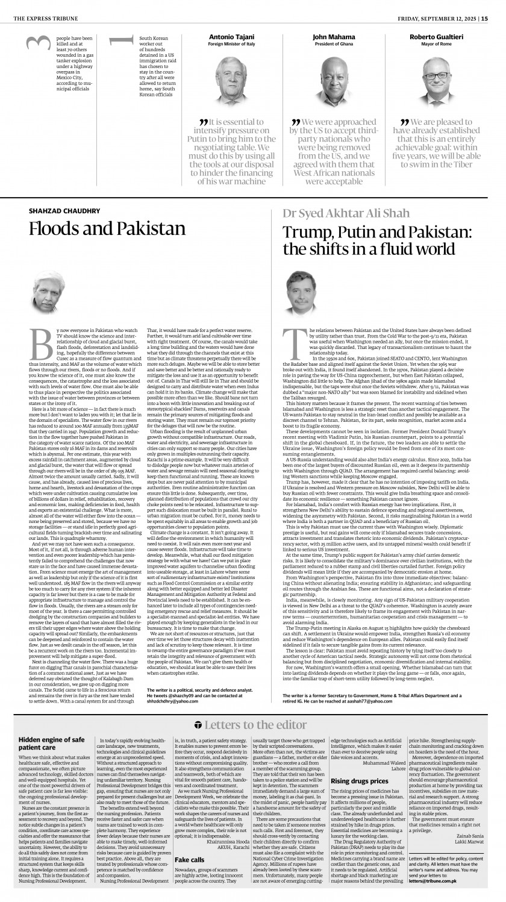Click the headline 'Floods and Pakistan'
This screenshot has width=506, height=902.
(107, 230)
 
